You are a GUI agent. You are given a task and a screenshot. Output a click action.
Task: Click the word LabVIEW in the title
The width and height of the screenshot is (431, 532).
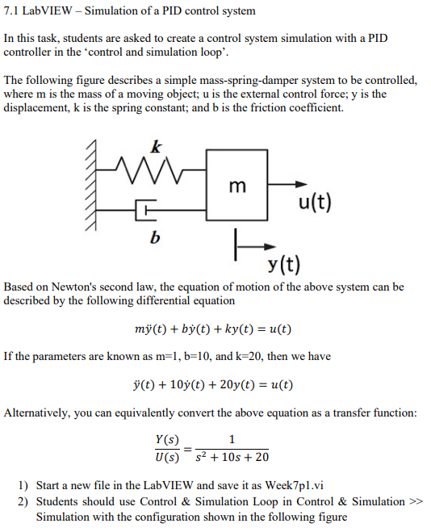tap(55, 11)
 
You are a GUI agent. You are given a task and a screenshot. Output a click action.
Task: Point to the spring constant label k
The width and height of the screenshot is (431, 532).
tap(156, 146)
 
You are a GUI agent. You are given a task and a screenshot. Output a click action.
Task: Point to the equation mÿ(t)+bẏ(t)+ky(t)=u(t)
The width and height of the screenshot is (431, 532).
tap(213, 329)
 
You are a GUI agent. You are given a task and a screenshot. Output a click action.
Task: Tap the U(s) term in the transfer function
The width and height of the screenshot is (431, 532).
tap(166, 457)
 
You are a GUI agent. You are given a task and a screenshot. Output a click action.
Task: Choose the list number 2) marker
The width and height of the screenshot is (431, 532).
tap(23, 501)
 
